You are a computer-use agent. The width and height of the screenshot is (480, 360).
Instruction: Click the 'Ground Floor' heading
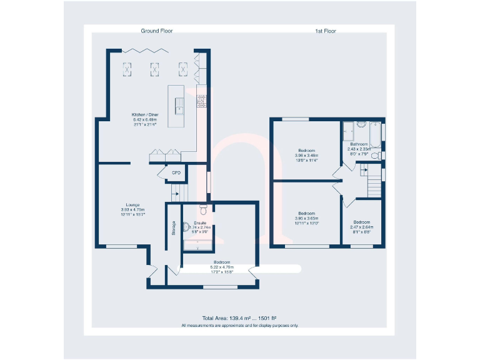click(156, 31)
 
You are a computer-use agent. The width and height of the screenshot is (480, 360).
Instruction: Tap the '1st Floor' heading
click(325, 31)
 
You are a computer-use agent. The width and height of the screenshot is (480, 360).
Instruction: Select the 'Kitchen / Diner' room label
click(144, 115)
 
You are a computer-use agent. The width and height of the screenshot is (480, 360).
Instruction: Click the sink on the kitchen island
click(179, 107)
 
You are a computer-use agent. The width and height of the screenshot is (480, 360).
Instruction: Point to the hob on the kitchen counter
click(202, 101)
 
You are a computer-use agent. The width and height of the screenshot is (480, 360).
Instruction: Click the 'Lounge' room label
click(131, 204)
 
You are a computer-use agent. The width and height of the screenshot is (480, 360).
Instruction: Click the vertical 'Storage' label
click(173, 228)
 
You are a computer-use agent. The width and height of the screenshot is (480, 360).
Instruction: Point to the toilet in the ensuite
click(202, 209)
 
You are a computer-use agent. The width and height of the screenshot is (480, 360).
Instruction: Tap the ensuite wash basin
click(186, 228)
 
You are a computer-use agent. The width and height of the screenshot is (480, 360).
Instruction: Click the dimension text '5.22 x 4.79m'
click(221, 267)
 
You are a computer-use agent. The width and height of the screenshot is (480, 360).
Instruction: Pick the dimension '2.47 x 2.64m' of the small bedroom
click(361, 227)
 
